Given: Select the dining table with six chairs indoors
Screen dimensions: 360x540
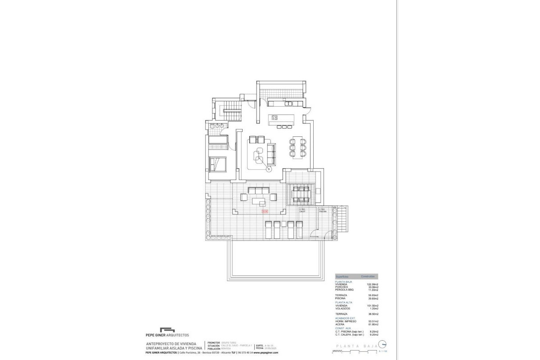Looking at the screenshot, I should point(297,147).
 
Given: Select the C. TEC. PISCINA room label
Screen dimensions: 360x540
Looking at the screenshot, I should point(322,210).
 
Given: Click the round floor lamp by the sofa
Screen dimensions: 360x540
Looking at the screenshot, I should point(269,170).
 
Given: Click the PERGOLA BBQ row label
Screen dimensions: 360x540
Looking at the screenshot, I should point(345,290).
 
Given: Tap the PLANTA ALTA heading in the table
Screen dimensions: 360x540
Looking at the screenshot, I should point(343,302).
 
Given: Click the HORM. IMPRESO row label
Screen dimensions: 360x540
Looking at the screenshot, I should point(346,321).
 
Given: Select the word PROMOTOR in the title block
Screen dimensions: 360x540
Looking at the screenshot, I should point(214,342).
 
